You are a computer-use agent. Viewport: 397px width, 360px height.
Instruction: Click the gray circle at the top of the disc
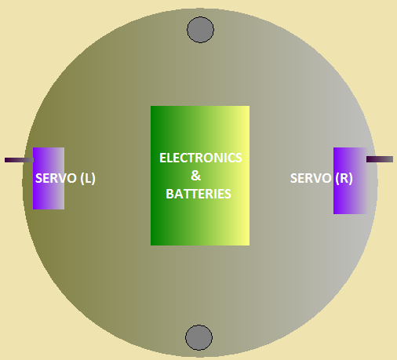[200, 30]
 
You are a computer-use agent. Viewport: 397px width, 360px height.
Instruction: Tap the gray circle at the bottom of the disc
[198, 337]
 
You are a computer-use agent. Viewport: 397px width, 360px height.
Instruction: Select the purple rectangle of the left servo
[49, 178]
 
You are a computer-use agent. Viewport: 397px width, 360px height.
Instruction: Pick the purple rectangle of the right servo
[351, 180]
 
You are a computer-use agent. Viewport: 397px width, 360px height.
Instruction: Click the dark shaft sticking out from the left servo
[19, 160]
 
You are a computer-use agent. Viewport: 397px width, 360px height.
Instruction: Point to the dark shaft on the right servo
[380, 159]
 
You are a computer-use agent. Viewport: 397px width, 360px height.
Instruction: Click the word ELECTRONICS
[201, 158]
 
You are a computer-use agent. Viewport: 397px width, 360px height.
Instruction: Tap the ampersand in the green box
[196, 176]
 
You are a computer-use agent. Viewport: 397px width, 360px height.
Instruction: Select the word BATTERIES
[198, 194]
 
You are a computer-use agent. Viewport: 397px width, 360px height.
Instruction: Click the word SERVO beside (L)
[56, 178]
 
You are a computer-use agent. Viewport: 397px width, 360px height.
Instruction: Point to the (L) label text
[88, 179]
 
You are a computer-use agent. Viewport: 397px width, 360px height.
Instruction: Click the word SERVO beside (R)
[311, 178]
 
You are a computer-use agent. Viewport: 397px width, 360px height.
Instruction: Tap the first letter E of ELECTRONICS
[163, 158]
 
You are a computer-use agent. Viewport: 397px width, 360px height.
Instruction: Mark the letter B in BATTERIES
[169, 194]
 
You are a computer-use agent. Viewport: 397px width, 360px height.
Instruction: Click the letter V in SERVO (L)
[62, 178]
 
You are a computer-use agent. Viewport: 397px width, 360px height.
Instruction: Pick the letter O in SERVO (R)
[326, 178]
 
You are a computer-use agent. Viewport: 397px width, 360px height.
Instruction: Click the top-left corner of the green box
[151, 106]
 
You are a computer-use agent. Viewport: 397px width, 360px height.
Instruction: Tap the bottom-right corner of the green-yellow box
[249, 245]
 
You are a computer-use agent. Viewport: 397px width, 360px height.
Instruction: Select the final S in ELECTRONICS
[239, 158]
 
